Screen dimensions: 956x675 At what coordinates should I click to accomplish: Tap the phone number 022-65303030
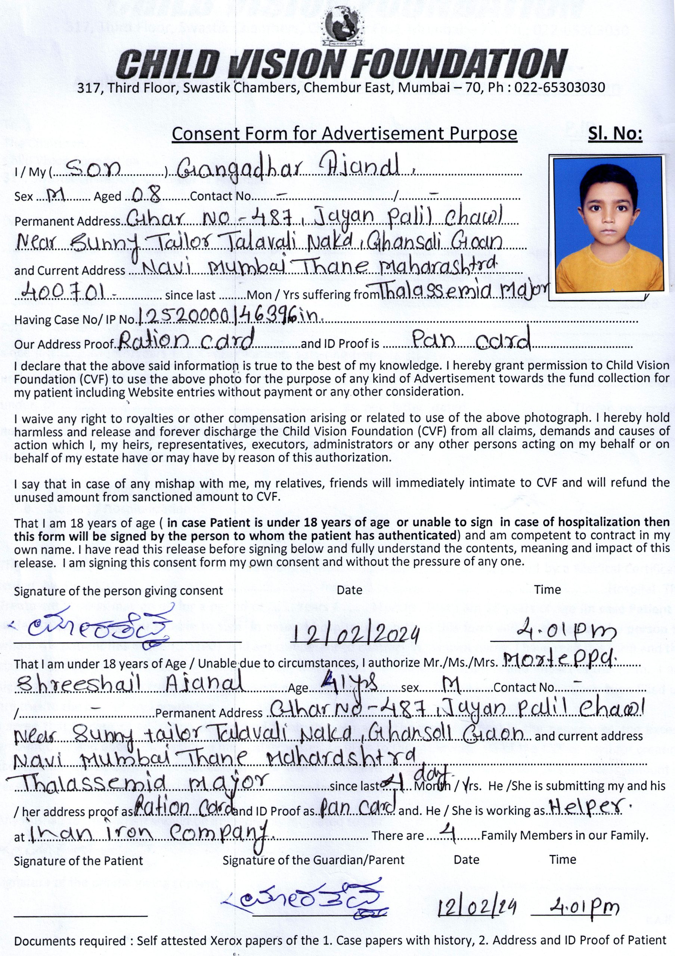[x=560, y=88]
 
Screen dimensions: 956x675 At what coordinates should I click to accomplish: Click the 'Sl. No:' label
[x=615, y=134]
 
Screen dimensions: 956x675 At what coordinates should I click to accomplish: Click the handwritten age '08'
[x=146, y=195]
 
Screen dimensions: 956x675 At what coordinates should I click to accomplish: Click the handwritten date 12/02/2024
[x=356, y=635]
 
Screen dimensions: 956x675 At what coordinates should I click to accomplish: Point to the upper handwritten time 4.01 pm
[x=554, y=633]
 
